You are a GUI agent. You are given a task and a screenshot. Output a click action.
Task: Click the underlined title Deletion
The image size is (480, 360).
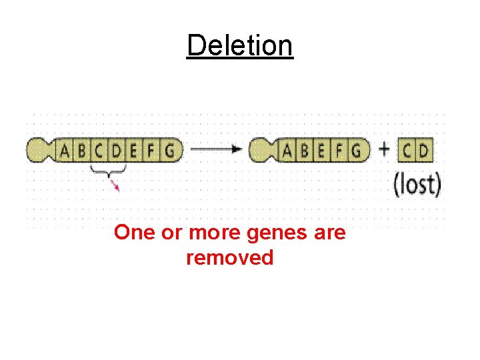[x=239, y=46]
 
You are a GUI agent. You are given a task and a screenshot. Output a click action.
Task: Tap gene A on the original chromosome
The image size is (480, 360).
[x=65, y=151]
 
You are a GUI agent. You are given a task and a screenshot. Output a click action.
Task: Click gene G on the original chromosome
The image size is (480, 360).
[x=170, y=151]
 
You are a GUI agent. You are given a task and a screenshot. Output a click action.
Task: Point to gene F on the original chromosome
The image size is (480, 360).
[x=151, y=151]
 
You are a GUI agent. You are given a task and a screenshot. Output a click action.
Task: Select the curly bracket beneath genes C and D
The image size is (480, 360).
[x=107, y=173]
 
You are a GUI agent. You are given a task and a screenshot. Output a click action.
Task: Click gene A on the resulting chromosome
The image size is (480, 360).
[x=287, y=151]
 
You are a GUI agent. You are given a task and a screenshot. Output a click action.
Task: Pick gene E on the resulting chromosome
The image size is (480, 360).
[x=322, y=151]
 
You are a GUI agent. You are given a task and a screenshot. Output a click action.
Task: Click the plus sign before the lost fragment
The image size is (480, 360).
[x=384, y=149]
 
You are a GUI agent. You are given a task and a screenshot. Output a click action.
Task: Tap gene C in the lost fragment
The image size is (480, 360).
[x=407, y=151]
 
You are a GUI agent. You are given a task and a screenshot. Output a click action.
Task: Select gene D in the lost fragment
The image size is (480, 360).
[x=424, y=151]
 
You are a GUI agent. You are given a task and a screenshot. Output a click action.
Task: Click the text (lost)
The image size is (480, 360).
[x=417, y=183]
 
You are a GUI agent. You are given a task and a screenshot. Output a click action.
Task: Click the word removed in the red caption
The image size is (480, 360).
[x=230, y=257]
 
